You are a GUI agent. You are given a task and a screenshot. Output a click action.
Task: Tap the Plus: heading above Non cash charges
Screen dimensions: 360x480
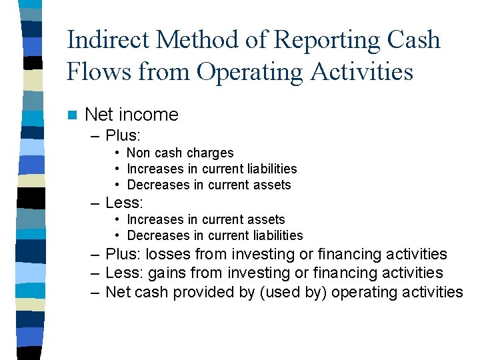pos(123,135)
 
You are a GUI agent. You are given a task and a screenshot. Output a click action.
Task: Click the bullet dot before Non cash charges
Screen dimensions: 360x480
pos(117,153)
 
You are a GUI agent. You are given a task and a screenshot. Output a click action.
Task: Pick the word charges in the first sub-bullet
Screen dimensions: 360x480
pos(210,153)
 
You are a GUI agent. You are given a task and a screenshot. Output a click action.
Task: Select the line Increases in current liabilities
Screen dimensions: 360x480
pos(211,169)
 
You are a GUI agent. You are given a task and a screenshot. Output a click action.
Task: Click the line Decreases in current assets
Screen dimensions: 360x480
pos(209,185)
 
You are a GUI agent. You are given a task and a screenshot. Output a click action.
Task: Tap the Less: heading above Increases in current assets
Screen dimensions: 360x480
pos(124,202)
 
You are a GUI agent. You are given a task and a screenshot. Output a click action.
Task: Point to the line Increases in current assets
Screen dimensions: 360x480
pos(205,219)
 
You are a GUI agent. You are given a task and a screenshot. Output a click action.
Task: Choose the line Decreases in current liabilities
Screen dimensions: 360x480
pos(215,235)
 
